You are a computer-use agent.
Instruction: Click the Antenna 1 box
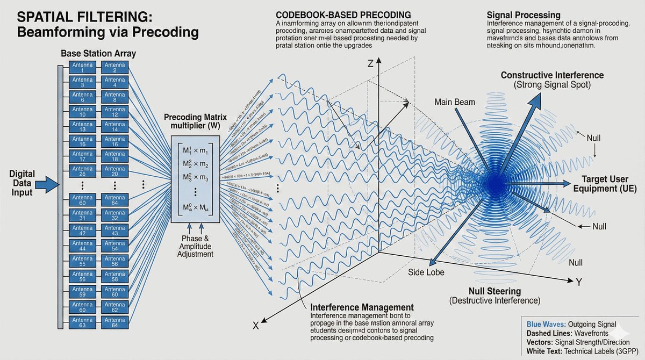[83, 67]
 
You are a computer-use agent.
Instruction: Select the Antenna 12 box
[115, 113]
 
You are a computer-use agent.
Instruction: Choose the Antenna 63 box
[83, 322]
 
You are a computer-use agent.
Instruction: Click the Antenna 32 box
[115, 215]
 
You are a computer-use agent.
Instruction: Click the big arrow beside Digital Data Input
[49, 184]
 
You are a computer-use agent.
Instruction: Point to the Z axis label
[369, 63]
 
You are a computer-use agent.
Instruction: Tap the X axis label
[256, 325]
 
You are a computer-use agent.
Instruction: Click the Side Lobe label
[426, 272]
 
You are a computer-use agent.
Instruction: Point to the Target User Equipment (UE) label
[608, 184]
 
